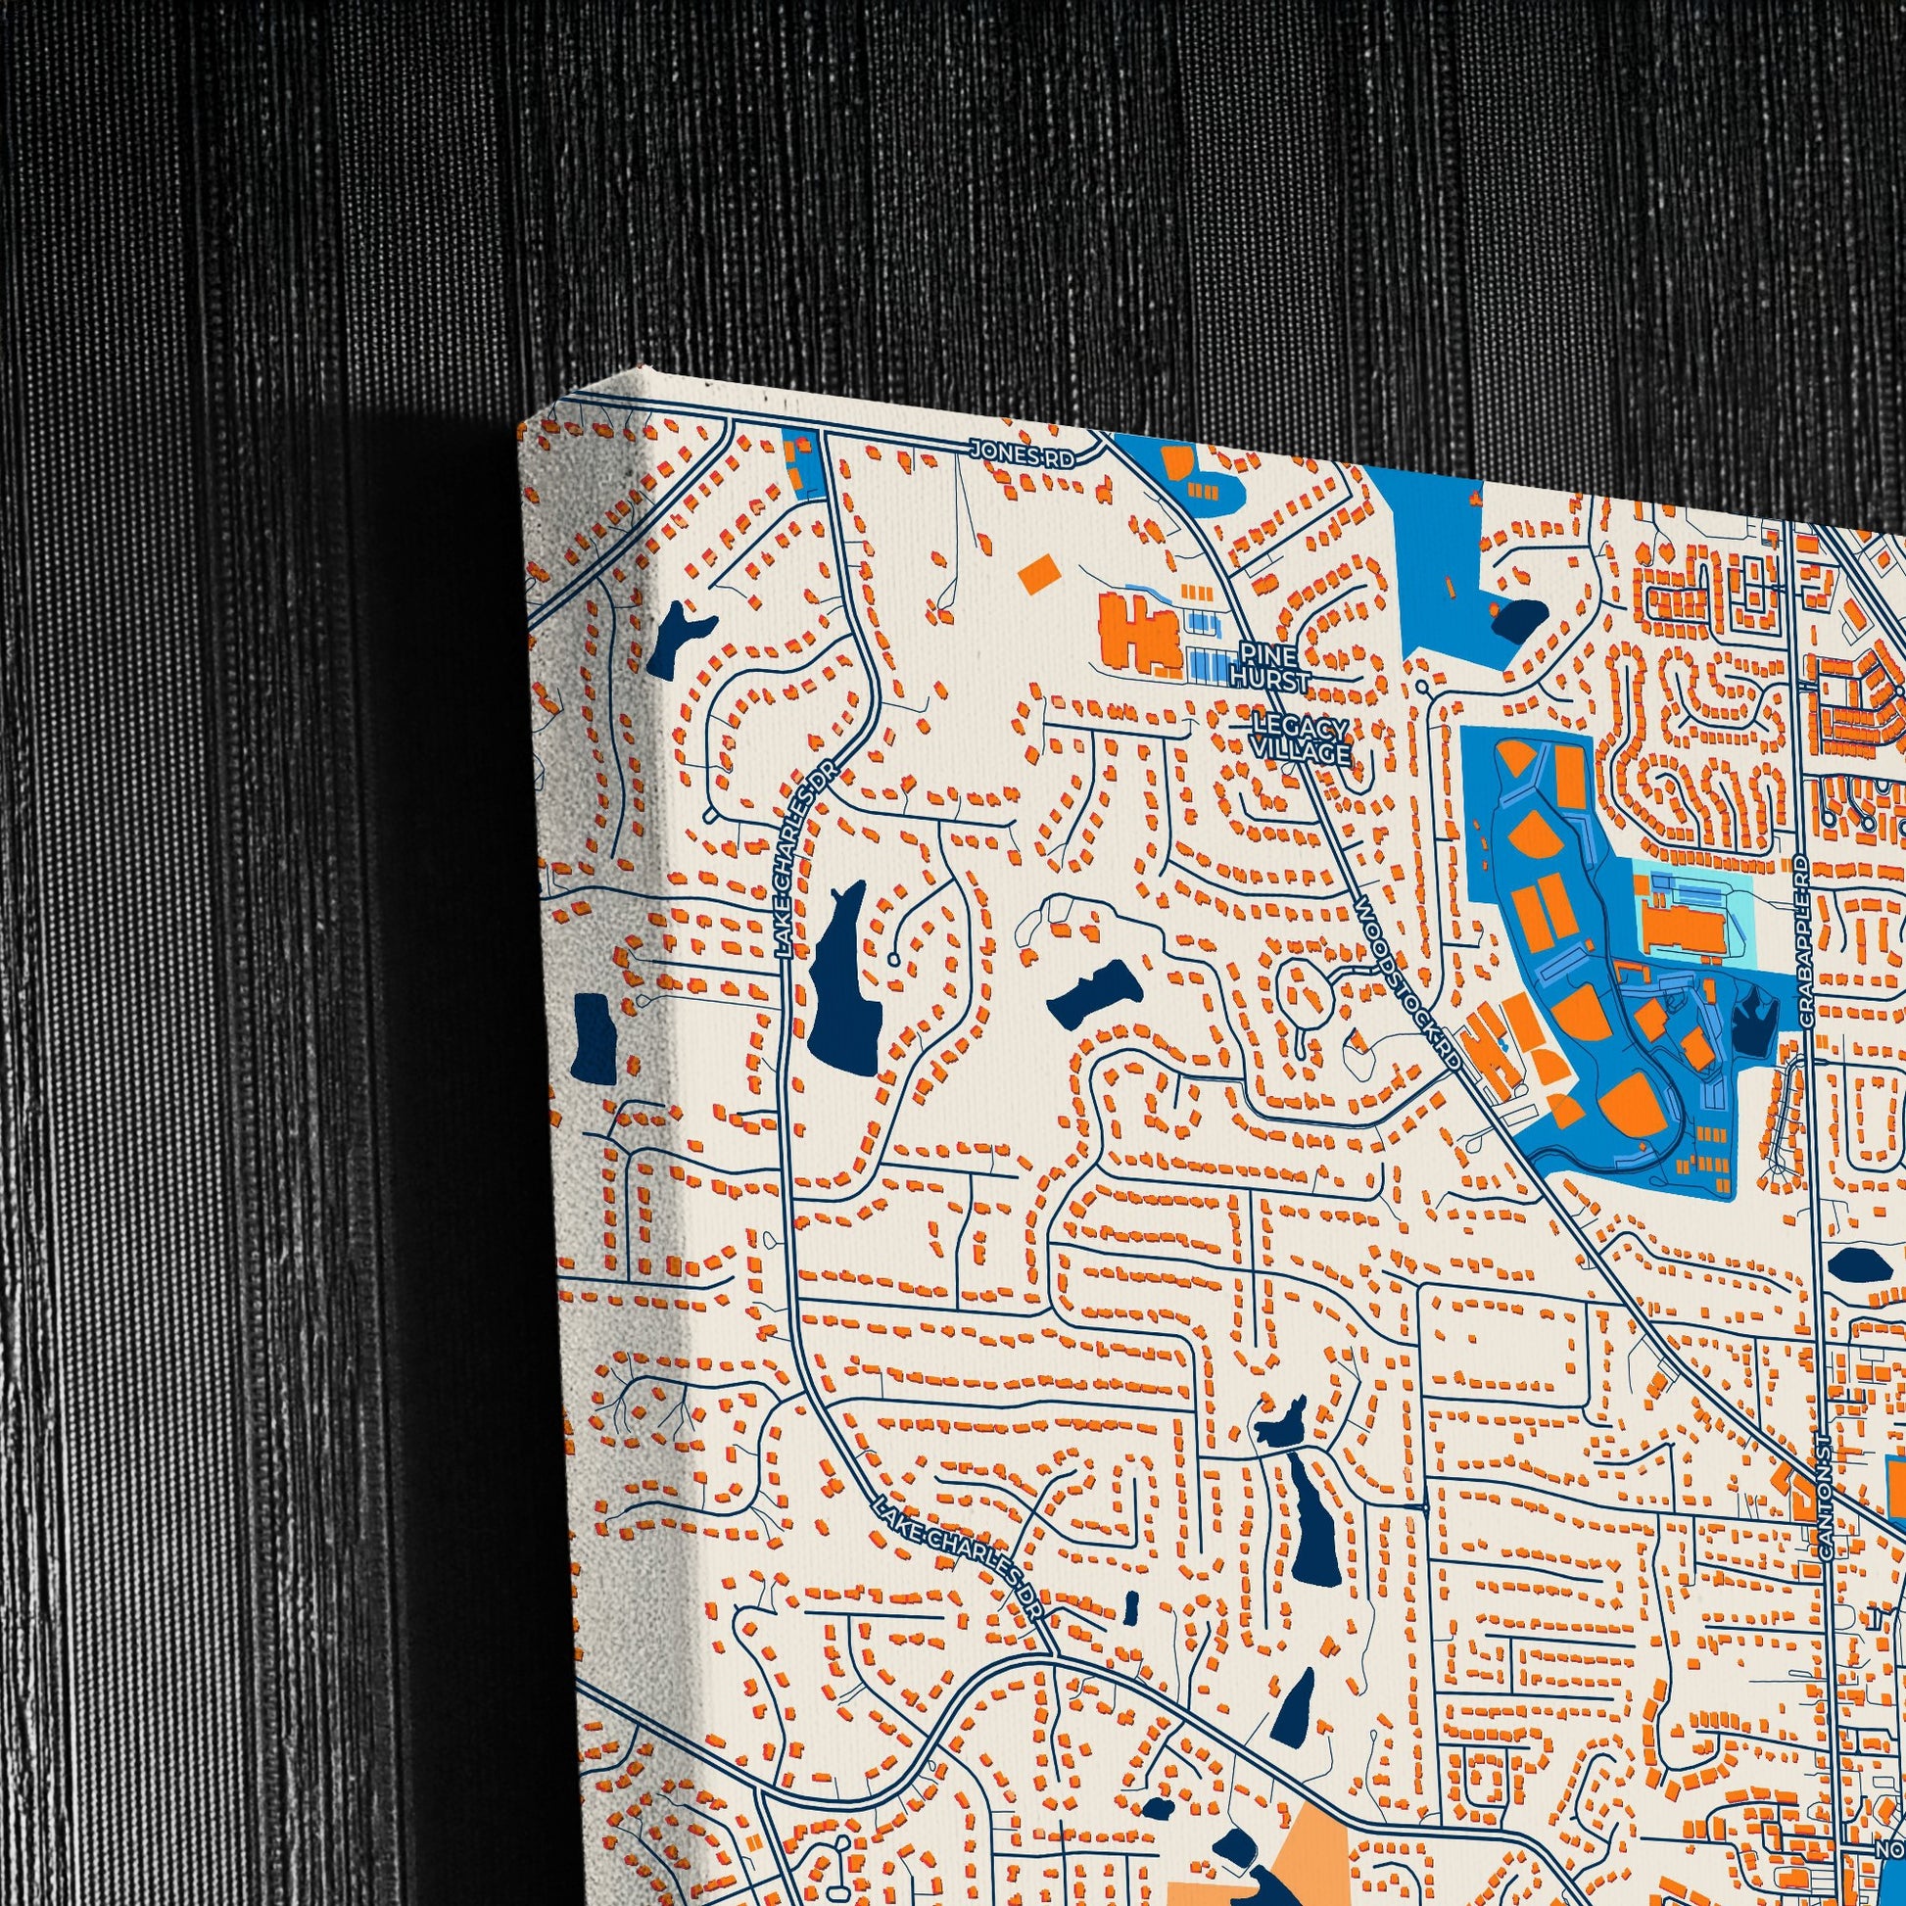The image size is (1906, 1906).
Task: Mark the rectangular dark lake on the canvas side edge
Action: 593,1035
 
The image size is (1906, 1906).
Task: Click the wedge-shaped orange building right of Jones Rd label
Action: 1176,462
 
